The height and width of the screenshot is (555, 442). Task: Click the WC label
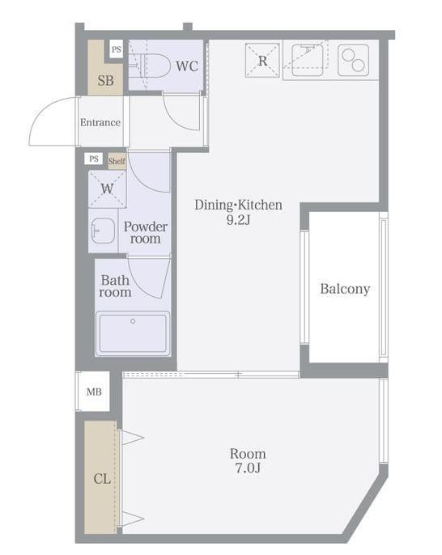tap(187, 66)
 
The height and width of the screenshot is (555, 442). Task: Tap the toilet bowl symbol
tap(150, 66)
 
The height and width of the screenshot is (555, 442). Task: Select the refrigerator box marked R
tap(262, 61)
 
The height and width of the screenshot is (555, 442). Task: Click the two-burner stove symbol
tap(353, 60)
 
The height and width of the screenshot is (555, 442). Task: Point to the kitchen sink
tap(308, 60)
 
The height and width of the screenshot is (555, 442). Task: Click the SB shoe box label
tap(105, 81)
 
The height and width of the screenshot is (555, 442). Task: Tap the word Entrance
tap(100, 122)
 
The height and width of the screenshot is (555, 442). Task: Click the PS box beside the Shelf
tap(94, 159)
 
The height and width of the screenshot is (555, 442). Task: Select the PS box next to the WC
tap(116, 49)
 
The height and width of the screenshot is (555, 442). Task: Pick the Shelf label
tap(117, 161)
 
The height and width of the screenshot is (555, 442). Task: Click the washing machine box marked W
tap(107, 189)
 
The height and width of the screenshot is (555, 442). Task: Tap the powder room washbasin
tap(103, 231)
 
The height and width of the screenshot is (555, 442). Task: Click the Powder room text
tap(146, 232)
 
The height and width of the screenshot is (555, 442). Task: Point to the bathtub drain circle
tap(133, 321)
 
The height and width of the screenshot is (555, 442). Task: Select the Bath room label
tap(115, 286)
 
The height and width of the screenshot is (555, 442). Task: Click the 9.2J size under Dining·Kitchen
tap(238, 220)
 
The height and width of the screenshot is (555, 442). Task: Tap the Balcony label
tap(345, 289)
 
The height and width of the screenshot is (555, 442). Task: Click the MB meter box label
tap(94, 392)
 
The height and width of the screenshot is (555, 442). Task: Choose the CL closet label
tap(102, 479)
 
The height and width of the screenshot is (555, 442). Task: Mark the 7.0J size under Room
tap(248, 468)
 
